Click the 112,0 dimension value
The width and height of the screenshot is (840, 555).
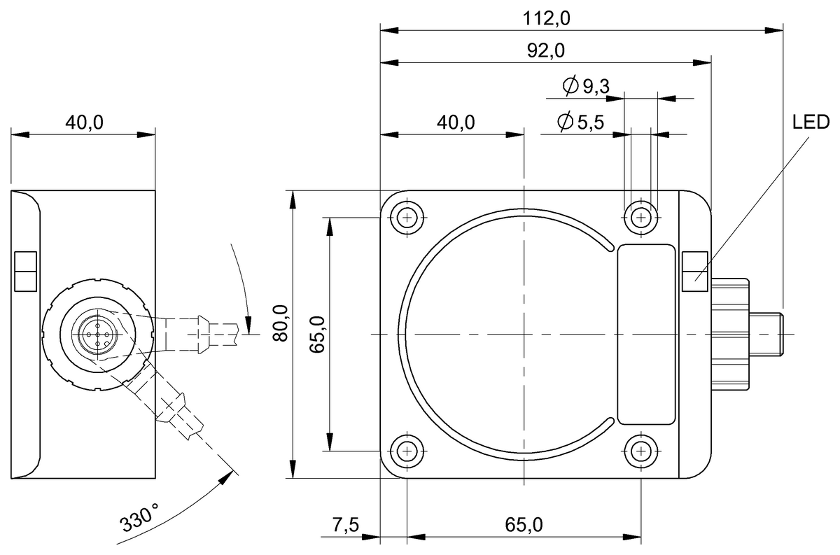(x=547, y=19)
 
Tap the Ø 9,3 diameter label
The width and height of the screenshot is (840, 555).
(x=587, y=86)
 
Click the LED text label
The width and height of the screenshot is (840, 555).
(x=811, y=124)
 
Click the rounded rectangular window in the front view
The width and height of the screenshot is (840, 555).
(x=647, y=335)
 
